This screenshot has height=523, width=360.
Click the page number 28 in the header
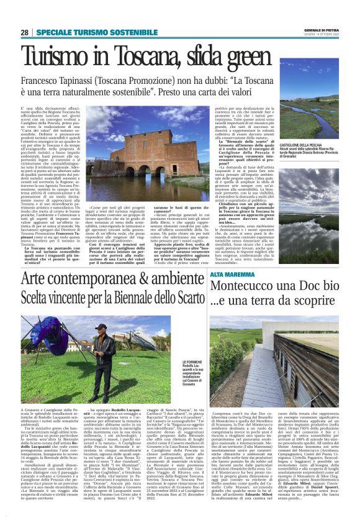coord(24,33)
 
